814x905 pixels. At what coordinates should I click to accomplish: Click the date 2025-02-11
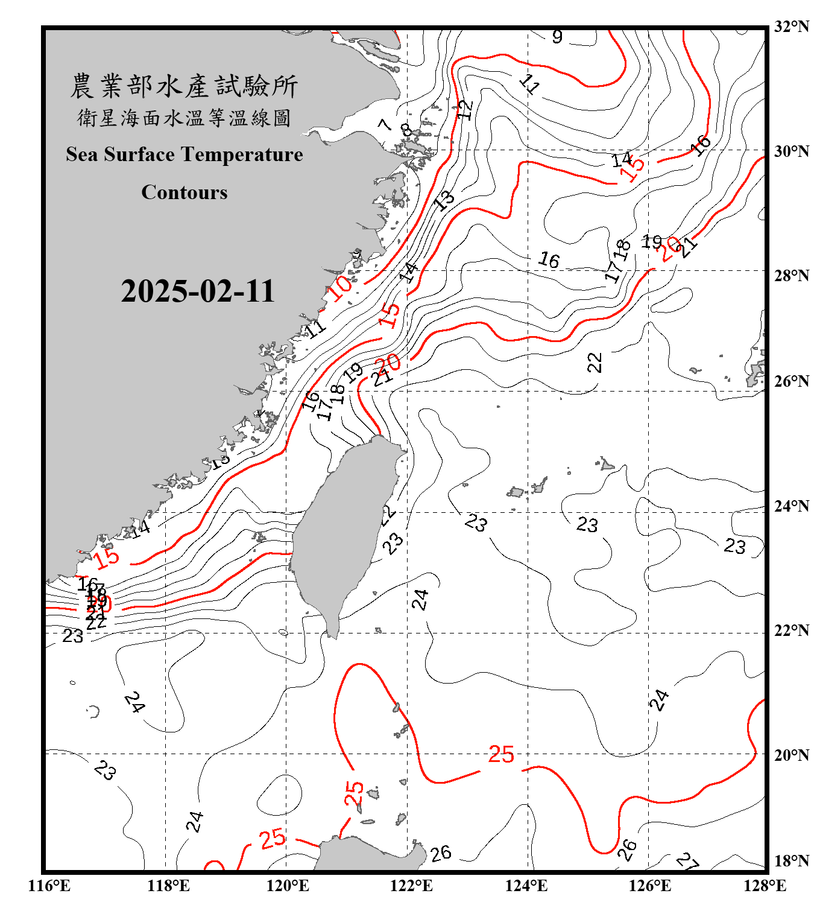pyautogui.click(x=198, y=291)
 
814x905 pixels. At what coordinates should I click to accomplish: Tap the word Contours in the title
pyautogui.click(x=185, y=192)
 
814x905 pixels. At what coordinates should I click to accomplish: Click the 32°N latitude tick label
pyautogui.click(x=791, y=27)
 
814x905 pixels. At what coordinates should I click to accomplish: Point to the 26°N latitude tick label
pyautogui.click(x=791, y=381)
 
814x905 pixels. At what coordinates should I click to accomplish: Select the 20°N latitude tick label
pyautogui.click(x=791, y=755)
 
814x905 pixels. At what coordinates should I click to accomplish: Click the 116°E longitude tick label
pyautogui.click(x=49, y=886)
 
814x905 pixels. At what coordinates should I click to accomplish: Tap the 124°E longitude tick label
pyautogui.click(x=526, y=886)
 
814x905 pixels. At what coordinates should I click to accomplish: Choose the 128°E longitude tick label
pyautogui.click(x=765, y=886)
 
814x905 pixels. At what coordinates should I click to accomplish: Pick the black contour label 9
pyautogui.click(x=557, y=37)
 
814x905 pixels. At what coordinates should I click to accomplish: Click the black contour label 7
pyautogui.click(x=385, y=125)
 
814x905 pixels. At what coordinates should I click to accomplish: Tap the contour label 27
pyautogui.click(x=687, y=861)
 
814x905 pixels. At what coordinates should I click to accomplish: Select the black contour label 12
pyautogui.click(x=465, y=110)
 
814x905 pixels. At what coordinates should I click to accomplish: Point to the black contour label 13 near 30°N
pyautogui.click(x=445, y=200)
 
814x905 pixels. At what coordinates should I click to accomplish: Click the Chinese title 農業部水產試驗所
pyautogui.click(x=184, y=86)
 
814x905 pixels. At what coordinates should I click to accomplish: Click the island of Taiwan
pyautogui.click(x=344, y=531)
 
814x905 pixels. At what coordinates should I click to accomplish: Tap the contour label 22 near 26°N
pyautogui.click(x=595, y=363)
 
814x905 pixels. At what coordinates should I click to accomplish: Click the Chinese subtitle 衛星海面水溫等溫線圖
pyautogui.click(x=184, y=118)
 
